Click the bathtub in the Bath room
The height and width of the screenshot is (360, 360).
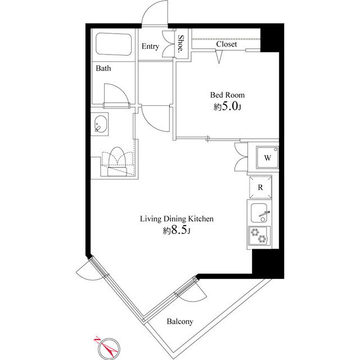click(114, 44)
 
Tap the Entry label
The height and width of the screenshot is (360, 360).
click(150, 46)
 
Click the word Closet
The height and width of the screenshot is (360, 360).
click(226, 44)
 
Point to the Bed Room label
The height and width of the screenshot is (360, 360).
click(227, 95)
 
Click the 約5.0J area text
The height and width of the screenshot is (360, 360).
click(227, 106)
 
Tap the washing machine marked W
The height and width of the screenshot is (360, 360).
click(268, 157)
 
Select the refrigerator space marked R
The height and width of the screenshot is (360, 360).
click(260, 187)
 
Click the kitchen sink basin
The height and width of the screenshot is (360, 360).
click(259, 213)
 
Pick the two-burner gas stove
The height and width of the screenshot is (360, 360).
click(259, 236)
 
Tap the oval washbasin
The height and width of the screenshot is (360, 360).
click(101, 124)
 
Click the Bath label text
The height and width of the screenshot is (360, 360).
click(103, 68)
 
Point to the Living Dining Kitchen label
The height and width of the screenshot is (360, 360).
click(177, 219)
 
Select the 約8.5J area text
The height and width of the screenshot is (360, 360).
click(177, 231)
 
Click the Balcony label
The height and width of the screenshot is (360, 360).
click(180, 321)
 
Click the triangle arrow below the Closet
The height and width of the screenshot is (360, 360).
click(219, 56)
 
